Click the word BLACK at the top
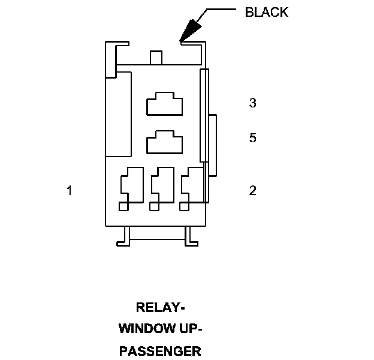point(267,12)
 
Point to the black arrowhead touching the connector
point(191,30)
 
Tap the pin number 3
point(253,103)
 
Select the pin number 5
point(253,138)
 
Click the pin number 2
point(253,190)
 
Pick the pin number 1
point(70,190)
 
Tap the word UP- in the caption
point(190,329)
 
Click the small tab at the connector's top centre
point(156,58)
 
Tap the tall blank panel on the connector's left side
point(119,114)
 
